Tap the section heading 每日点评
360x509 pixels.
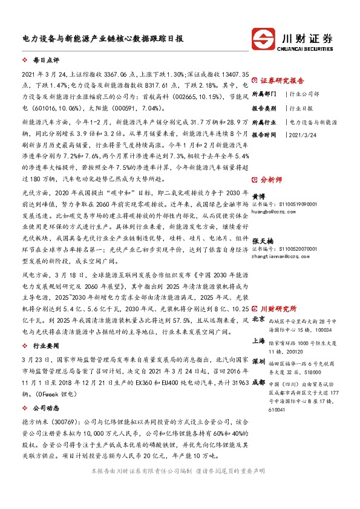click(x=39, y=61)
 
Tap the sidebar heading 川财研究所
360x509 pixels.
click(x=279, y=308)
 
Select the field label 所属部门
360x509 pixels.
click(x=264, y=94)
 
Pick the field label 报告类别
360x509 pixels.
click(x=264, y=108)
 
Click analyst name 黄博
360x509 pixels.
click(x=258, y=196)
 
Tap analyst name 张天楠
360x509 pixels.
click(x=261, y=240)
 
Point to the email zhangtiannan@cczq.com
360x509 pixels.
click(x=281, y=256)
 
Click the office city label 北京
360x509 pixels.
click(x=258, y=319)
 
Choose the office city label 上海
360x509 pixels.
click(x=258, y=341)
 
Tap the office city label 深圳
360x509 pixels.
click(x=258, y=361)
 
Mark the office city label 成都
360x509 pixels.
click(x=258, y=382)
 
